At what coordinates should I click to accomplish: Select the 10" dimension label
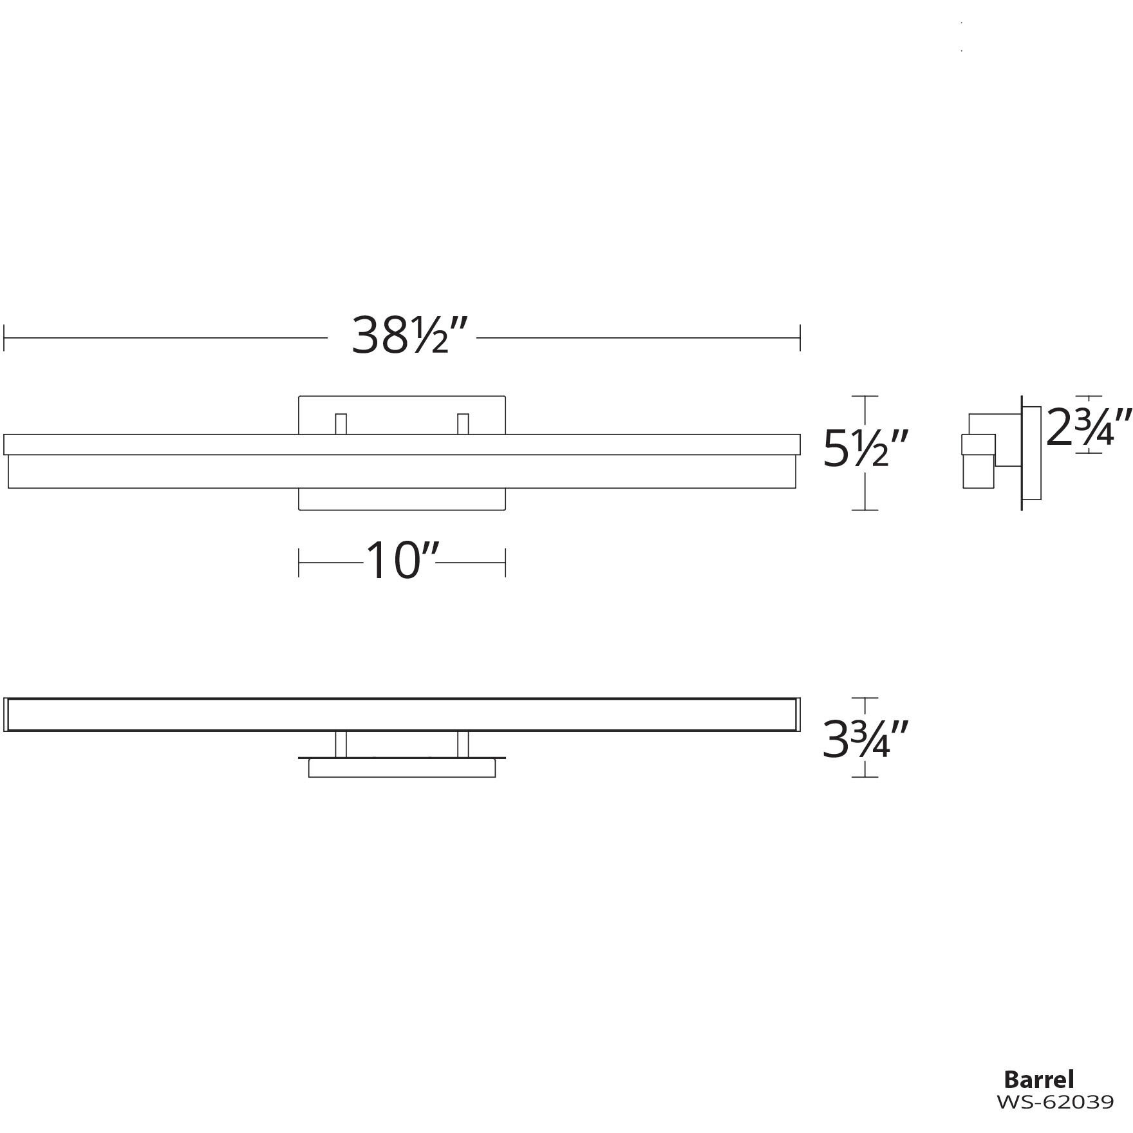403,561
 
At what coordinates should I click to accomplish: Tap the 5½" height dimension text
866,449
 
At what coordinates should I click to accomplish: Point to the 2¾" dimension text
1088,428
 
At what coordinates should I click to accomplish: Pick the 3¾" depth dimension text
866,738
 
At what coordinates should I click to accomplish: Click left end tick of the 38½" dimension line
5,337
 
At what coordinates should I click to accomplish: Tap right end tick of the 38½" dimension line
800,337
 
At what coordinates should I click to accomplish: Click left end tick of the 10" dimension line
299,562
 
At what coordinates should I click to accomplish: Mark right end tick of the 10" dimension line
505,562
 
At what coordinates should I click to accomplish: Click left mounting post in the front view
341,424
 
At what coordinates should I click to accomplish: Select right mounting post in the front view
462,424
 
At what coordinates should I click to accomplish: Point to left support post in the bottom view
341,744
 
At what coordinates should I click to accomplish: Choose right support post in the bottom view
462,744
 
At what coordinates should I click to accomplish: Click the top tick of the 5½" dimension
865,397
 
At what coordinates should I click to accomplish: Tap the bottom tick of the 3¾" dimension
865,777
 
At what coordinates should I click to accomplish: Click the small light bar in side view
978,461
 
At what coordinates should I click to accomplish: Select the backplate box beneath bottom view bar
402,768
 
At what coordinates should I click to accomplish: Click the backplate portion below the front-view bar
402,499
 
